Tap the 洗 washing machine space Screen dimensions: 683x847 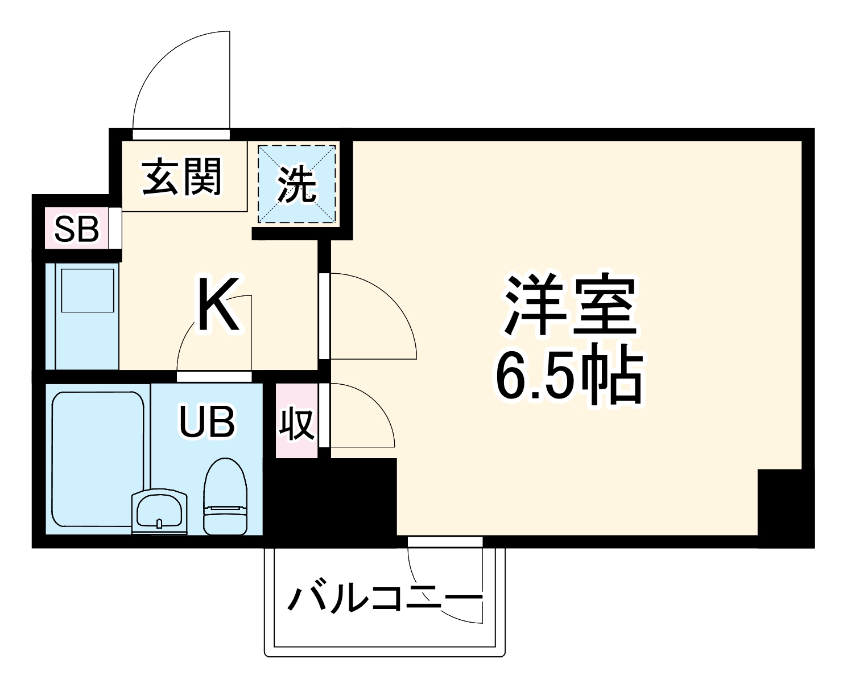point(296,184)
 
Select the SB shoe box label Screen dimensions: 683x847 point(77,229)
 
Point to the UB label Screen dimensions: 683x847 point(206,422)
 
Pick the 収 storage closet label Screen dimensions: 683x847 point(296,422)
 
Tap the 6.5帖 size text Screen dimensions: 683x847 point(569,376)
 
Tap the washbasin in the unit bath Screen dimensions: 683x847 point(159,511)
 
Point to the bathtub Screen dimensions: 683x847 point(98,458)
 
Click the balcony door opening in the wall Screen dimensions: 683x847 point(445,541)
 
